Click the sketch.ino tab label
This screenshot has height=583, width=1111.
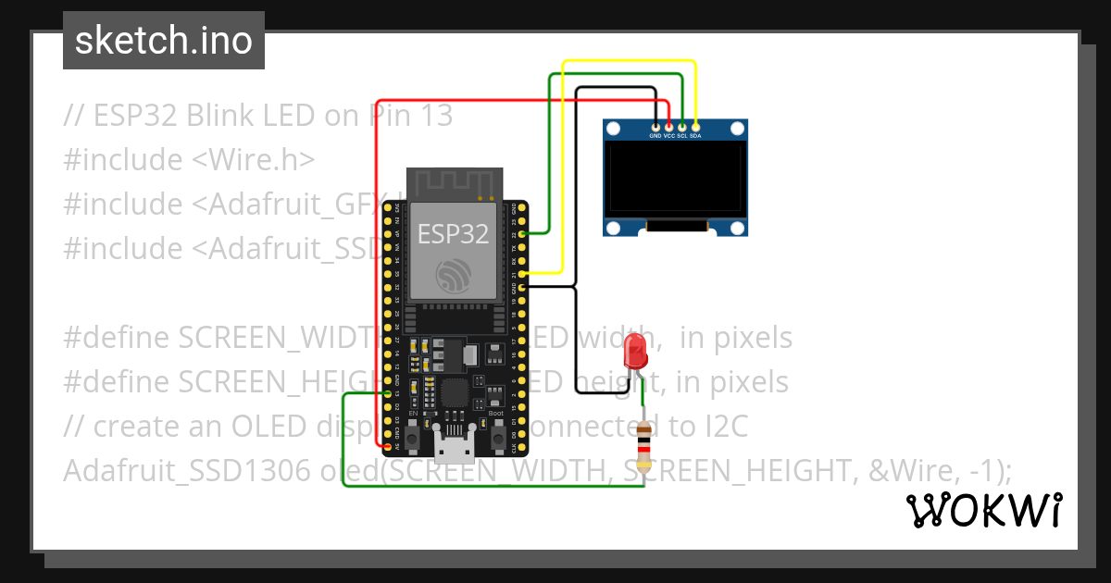[163, 41]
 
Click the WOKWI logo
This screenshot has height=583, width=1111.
[983, 511]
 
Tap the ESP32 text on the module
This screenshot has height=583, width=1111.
[453, 234]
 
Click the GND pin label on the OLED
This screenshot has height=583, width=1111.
[655, 135]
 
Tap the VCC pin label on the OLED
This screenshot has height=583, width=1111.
[668, 135]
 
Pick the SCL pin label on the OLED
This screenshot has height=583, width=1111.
[682, 135]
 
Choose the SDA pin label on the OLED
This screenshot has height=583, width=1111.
[695, 135]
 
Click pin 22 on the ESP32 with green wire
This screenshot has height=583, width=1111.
[523, 235]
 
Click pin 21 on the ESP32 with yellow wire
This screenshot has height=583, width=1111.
[523, 275]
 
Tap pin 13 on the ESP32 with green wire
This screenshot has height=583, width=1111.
[388, 394]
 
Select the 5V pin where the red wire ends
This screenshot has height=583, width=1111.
[388, 446]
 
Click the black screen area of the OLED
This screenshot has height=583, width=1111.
[675, 179]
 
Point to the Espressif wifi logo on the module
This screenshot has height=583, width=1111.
[454, 273]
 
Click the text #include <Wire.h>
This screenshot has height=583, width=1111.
[190, 159]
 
